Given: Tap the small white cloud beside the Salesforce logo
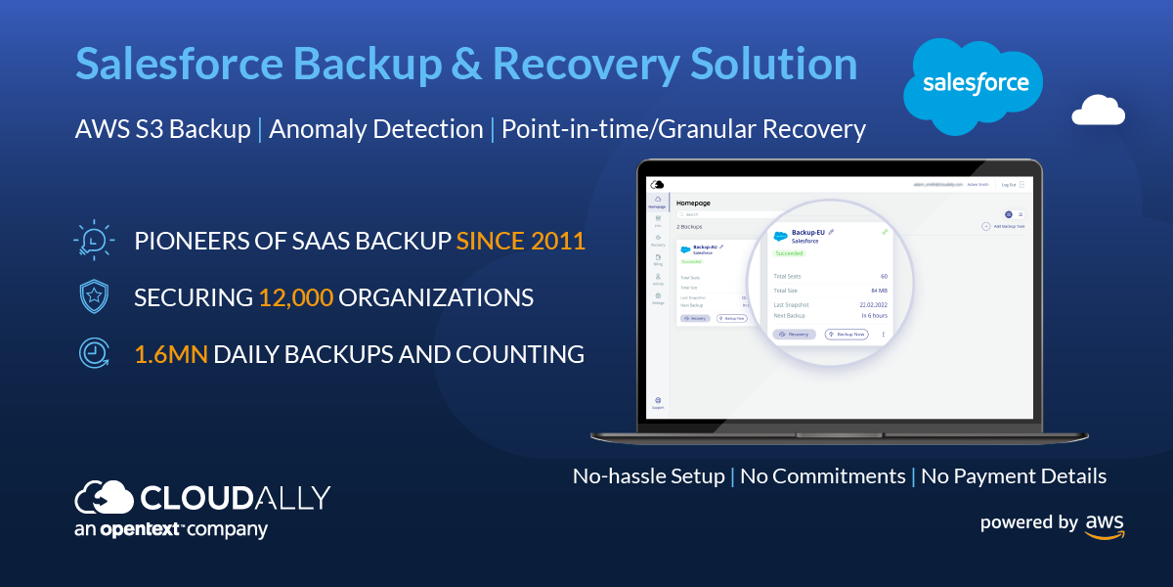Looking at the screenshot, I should click(x=1098, y=112).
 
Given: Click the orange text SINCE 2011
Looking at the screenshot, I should click(x=521, y=240).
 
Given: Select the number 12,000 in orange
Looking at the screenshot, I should click(x=295, y=297).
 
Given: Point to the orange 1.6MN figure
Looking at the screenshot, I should click(x=171, y=354).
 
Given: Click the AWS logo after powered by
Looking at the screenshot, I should click(x=1105, y=524).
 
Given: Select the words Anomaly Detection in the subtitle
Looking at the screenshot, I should click(x=376, y=129).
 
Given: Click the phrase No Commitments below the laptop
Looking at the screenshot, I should click(x=822, y=476).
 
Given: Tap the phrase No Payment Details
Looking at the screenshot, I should click(x=1014, y=476).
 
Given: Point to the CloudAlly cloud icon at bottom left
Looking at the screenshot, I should click(x=104, y=498).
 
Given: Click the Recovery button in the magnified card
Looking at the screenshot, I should click(x=794, y=334).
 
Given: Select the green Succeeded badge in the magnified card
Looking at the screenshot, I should click(x=789, y=252).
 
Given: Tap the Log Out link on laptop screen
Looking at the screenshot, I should click(x=1009, y=184).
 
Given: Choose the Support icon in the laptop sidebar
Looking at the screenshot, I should click(x=657, y=402).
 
